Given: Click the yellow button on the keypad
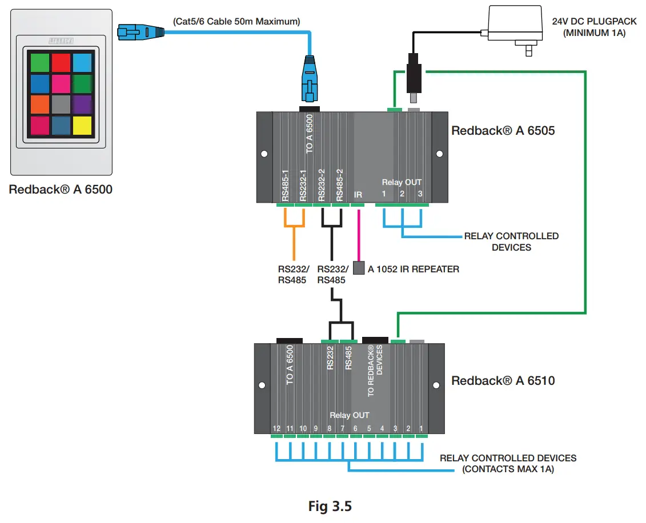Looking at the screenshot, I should click(82, 125).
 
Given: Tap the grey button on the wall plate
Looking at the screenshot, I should click(61, 104).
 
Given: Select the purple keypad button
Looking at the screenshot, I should click(82, 104).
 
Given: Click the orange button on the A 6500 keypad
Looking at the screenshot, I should click(40, 104).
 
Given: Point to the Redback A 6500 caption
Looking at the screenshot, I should click(61, 190).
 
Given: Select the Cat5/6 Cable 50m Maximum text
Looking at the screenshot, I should click(236, 22).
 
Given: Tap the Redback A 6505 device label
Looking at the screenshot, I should click(503, 131).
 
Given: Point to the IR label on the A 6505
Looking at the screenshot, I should click(358, 195).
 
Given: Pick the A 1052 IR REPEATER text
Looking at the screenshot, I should click(413, 268).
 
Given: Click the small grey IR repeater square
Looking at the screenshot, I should click(358, 268).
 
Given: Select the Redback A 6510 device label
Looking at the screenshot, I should click(503, 380).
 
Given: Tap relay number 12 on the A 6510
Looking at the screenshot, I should click(276, 428).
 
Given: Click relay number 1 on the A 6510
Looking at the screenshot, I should click(422, 428).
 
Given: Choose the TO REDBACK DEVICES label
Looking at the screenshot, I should click(374, 371).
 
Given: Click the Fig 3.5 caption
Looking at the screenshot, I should click(330, 506).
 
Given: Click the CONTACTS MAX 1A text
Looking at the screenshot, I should click(508, 469).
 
